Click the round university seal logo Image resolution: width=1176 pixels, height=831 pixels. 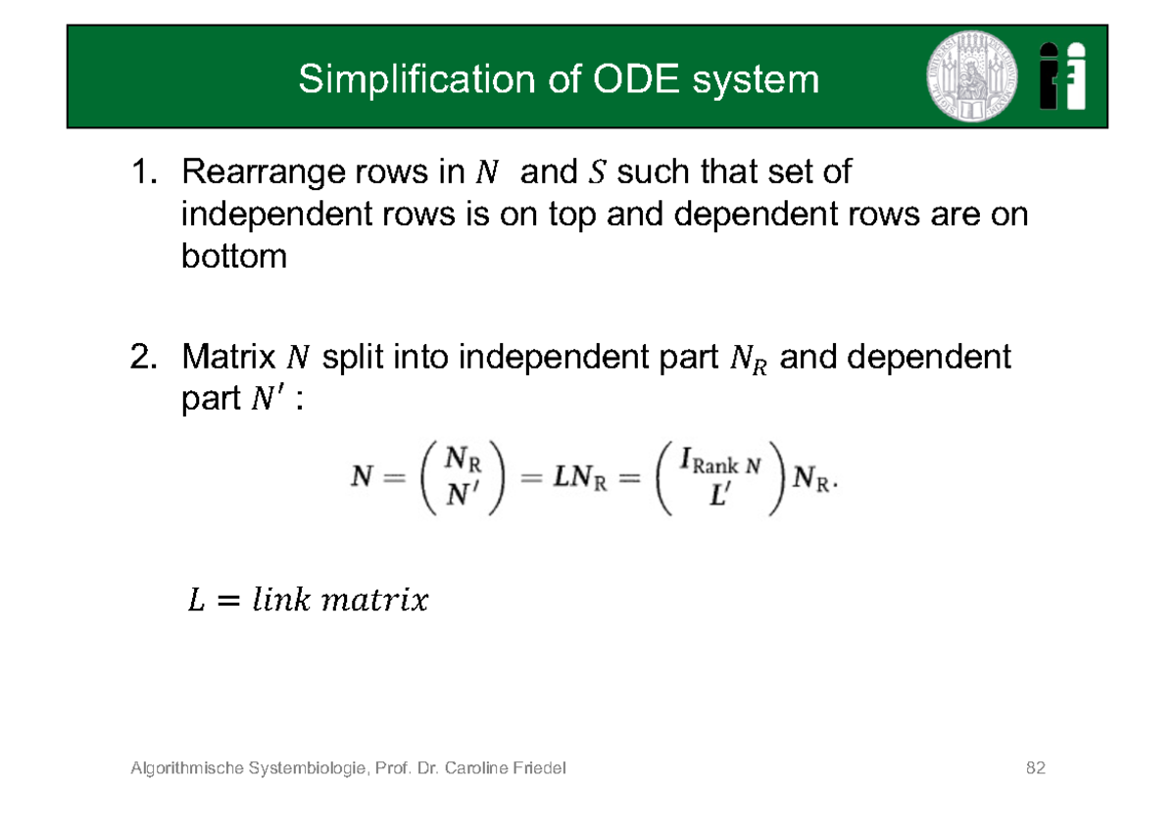point(971,75)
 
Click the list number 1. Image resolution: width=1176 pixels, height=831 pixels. point(143,173)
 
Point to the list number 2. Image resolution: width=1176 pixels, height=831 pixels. point(143,358)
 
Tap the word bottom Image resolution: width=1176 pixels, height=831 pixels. point(233,257)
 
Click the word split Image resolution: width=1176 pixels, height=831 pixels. point(355,358)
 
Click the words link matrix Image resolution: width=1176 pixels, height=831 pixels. point(339,600)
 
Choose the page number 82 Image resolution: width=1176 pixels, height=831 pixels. point(1035,767)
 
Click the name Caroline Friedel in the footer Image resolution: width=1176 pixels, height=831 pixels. point(505,767)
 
